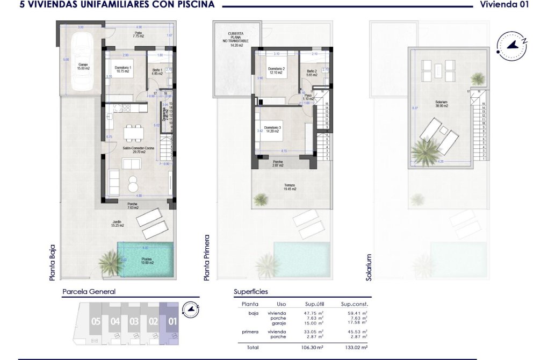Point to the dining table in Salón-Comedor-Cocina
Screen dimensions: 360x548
[x=132, y=132]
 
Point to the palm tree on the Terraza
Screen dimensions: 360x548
[x=261, y=200]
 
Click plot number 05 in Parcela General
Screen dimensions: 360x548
[x=96, y=322]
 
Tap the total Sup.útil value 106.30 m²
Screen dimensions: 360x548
[x=313, y=348]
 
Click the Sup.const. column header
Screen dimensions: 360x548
[x=354, y=304]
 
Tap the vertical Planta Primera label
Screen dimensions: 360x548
[x=207, y=257]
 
